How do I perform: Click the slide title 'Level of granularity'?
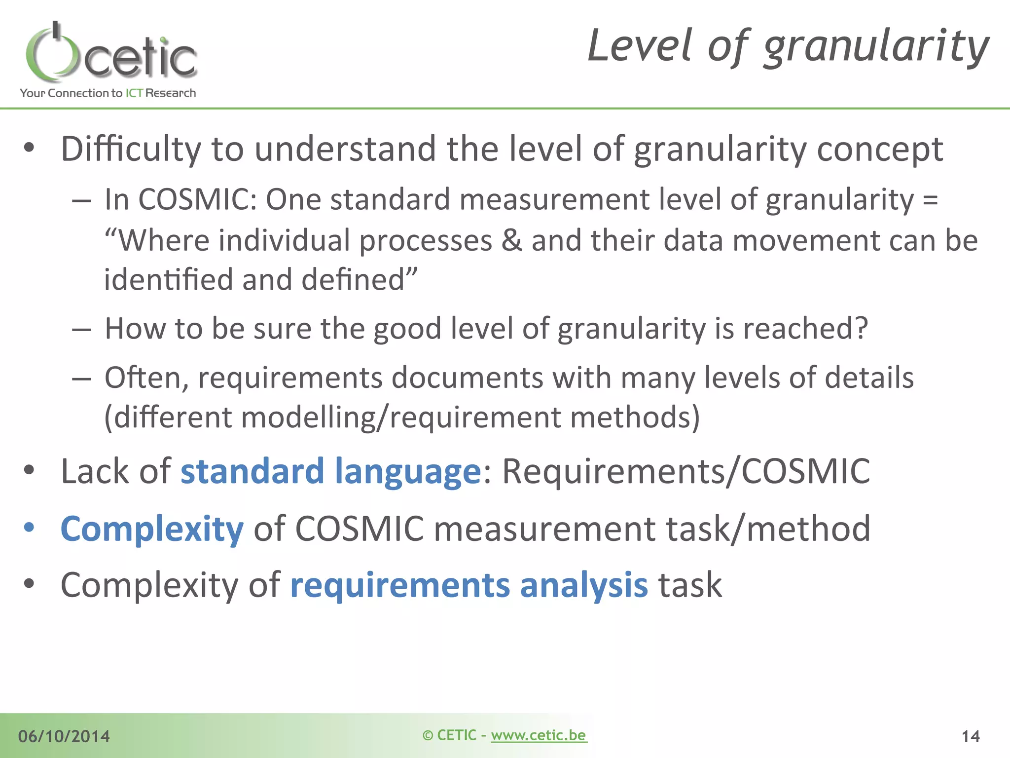tap(788, 47)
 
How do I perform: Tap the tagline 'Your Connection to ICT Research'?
tap(108, 93)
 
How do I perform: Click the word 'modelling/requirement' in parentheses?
tap(400, 417)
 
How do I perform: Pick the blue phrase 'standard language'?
tap(330, 471)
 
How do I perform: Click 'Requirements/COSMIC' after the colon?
tap(685, 471)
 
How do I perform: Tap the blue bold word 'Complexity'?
tap(152, 529)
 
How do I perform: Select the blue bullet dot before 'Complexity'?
tap(29, 528)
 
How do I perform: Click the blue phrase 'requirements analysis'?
tap(469, 586)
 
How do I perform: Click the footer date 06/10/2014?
tap(64, 736)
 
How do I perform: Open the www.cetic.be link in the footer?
tap(539, 735)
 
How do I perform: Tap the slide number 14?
tap(970, 737)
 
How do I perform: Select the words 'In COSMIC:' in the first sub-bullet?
tap(180, 200)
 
